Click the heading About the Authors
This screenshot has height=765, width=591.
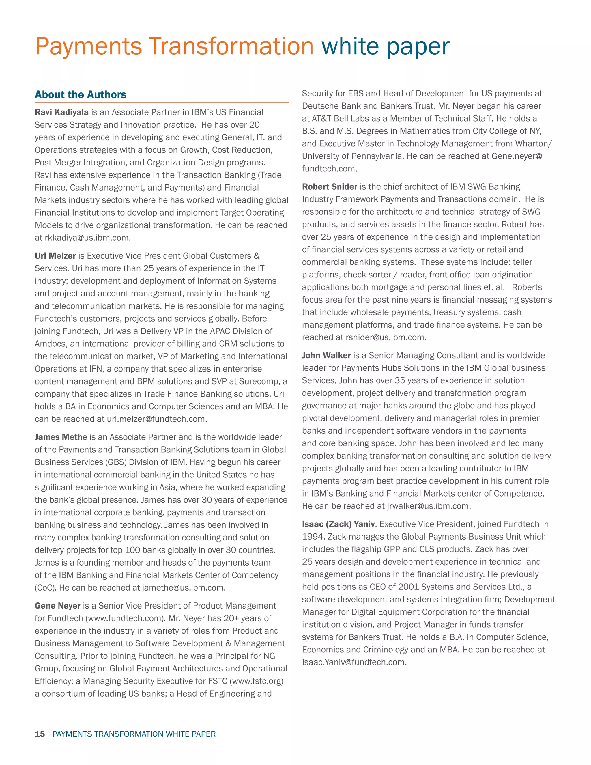[x=80, y=95]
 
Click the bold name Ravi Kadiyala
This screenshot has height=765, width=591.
[x=62, y=112]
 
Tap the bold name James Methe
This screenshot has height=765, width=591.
[x=61, y=437]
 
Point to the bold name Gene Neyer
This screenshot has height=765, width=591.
[x=57, y=606]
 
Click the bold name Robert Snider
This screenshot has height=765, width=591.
[x=330, y=187]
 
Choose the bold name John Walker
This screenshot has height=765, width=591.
[x=326, y=356]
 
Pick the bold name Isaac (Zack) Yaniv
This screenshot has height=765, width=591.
[x=338, y=524]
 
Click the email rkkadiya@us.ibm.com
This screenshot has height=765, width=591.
[x=87, y=238]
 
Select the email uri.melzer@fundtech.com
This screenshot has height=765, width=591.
[x=156, y=419]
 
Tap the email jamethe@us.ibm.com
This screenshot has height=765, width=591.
[x=183, y=588]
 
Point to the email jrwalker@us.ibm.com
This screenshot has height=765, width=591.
[x=428, y=506]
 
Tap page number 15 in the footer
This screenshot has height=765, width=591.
[x=40, y=734]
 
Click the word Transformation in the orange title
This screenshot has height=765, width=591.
[x=231, y=46]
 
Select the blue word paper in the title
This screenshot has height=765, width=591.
[x=418, y=46]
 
